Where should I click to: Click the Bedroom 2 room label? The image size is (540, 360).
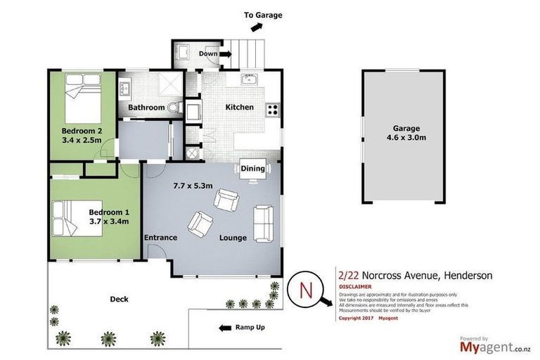pos(82,131)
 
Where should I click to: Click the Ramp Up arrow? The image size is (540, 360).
pos(226,328)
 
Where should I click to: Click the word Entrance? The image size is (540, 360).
pos(160,238)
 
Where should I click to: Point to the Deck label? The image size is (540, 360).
pos(119,299)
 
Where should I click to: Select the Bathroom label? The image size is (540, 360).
pos(146,108)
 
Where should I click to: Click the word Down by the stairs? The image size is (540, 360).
pos(208,53)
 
